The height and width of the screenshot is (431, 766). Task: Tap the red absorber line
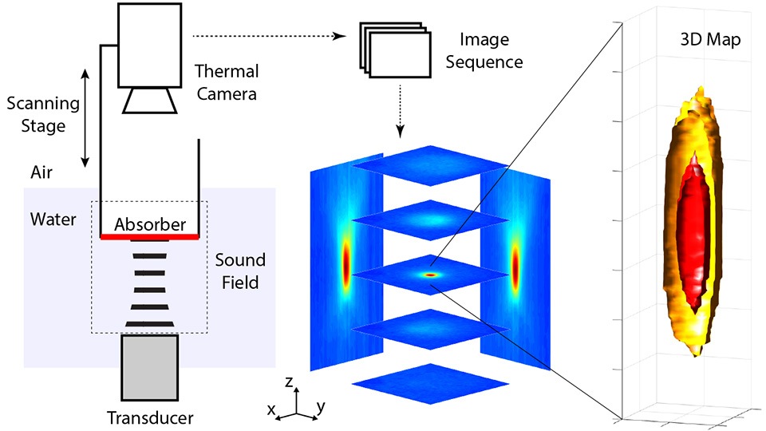(150, 237)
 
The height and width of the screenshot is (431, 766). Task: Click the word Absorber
(150, 224)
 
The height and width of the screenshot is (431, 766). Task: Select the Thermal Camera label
(226, 83)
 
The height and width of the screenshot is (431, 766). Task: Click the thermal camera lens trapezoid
(149, 101)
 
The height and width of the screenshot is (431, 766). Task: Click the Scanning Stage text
(43, 113)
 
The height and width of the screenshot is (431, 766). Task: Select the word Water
(49, 218)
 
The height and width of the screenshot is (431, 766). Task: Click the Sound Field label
(240, 271)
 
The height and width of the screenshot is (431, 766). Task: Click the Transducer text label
(150, 417)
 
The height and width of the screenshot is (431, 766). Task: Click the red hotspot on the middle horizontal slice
(432, 275)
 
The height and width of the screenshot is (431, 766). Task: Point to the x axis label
(271, 410)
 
